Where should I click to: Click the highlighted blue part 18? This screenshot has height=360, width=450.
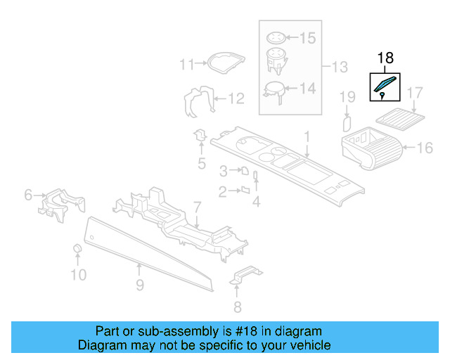[384, 86]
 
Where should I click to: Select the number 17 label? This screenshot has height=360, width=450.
[415, 92]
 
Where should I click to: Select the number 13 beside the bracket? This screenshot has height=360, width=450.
[340, 67]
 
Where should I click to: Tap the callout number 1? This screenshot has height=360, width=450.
[307, 135]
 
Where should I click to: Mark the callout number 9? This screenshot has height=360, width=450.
[140, 285]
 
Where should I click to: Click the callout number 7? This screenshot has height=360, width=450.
[198, 207]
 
